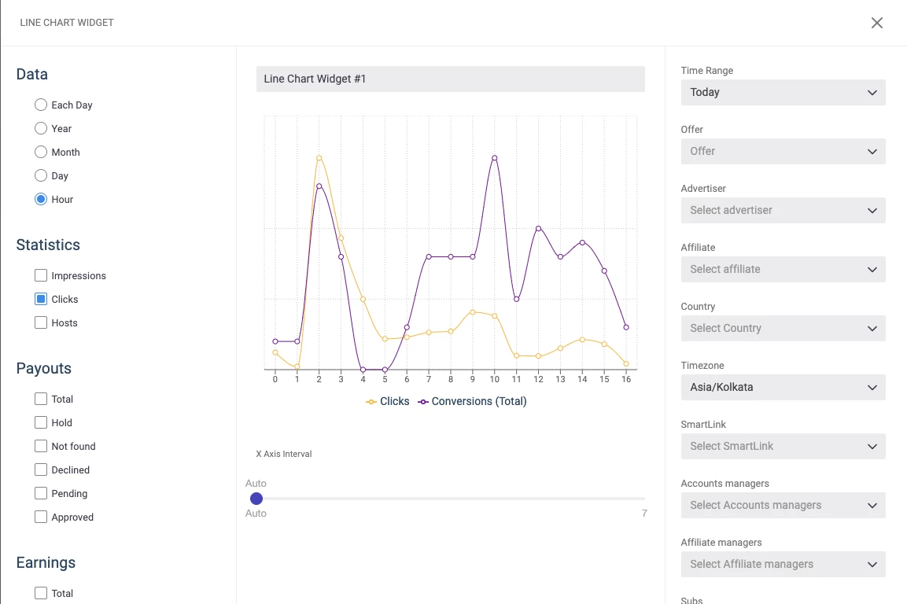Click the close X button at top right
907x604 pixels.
point(877,23)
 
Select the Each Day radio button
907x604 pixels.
point(40,105)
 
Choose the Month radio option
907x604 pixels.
point(40,152)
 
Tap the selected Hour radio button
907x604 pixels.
point(40,199)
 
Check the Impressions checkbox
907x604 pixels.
point(40,275)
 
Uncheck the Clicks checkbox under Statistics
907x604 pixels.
point(40,299)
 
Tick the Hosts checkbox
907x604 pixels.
point(40,322)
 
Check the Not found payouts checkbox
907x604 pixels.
point(40,446)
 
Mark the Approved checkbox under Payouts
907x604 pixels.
point(40,517)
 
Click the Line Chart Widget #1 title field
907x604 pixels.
point(451,79)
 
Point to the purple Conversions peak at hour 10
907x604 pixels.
point(495,158)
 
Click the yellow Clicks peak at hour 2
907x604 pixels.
point(319,158)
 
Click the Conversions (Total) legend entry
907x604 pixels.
point(472,402)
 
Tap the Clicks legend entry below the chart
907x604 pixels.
point(388,402)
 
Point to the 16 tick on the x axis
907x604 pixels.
point(626,380)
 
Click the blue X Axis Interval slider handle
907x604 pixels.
point(256,499)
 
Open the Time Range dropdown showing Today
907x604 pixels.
point(783,93)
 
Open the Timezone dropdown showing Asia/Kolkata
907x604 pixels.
point(783,388)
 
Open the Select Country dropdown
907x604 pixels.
point(783,329)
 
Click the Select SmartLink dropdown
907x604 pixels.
point(783,447)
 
